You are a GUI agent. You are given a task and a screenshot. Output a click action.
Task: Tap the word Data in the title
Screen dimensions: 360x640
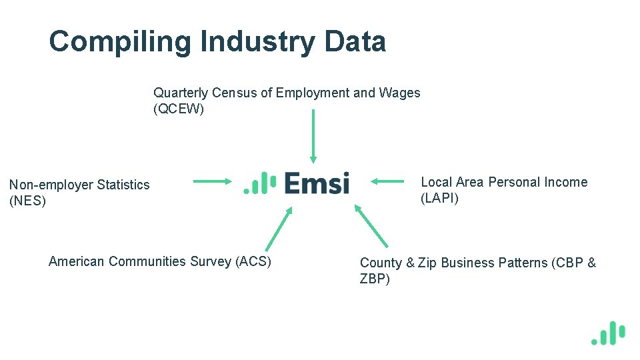coord(355,41)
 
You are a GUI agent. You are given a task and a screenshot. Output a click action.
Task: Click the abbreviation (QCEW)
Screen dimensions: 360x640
coord(179,109)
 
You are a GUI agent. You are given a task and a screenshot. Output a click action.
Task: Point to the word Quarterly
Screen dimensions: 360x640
coord(180,93)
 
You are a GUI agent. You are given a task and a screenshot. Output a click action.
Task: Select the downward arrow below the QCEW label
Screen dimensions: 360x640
coord(313,136)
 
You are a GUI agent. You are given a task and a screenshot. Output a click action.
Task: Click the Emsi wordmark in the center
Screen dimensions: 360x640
coord(317,183)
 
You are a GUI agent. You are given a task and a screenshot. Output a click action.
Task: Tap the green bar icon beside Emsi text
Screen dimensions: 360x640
coord(260,183)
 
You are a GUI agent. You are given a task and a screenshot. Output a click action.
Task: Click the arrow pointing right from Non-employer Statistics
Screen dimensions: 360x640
coord(212,181)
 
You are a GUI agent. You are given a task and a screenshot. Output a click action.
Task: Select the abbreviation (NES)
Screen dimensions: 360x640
coord(27,201)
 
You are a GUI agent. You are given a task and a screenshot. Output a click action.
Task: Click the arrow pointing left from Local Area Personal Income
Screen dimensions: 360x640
coord(388,181)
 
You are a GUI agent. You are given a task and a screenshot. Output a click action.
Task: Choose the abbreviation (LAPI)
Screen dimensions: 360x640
coord(439,198)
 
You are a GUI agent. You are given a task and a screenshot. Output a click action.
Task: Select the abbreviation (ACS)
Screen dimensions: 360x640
coord(253,261)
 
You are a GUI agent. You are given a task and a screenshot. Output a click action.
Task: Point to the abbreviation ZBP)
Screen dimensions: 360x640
coord(375,279)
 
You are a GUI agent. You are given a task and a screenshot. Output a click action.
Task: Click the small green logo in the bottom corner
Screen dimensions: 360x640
coord(608,333)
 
